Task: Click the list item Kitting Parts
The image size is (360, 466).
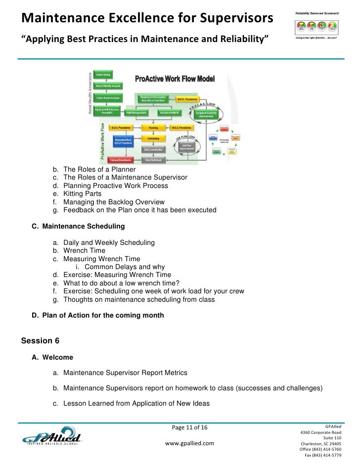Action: (x=82, y=194)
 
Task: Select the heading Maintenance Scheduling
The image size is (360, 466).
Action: (x=84, y=227)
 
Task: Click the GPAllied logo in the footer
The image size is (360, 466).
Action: (x=52, y=438)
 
